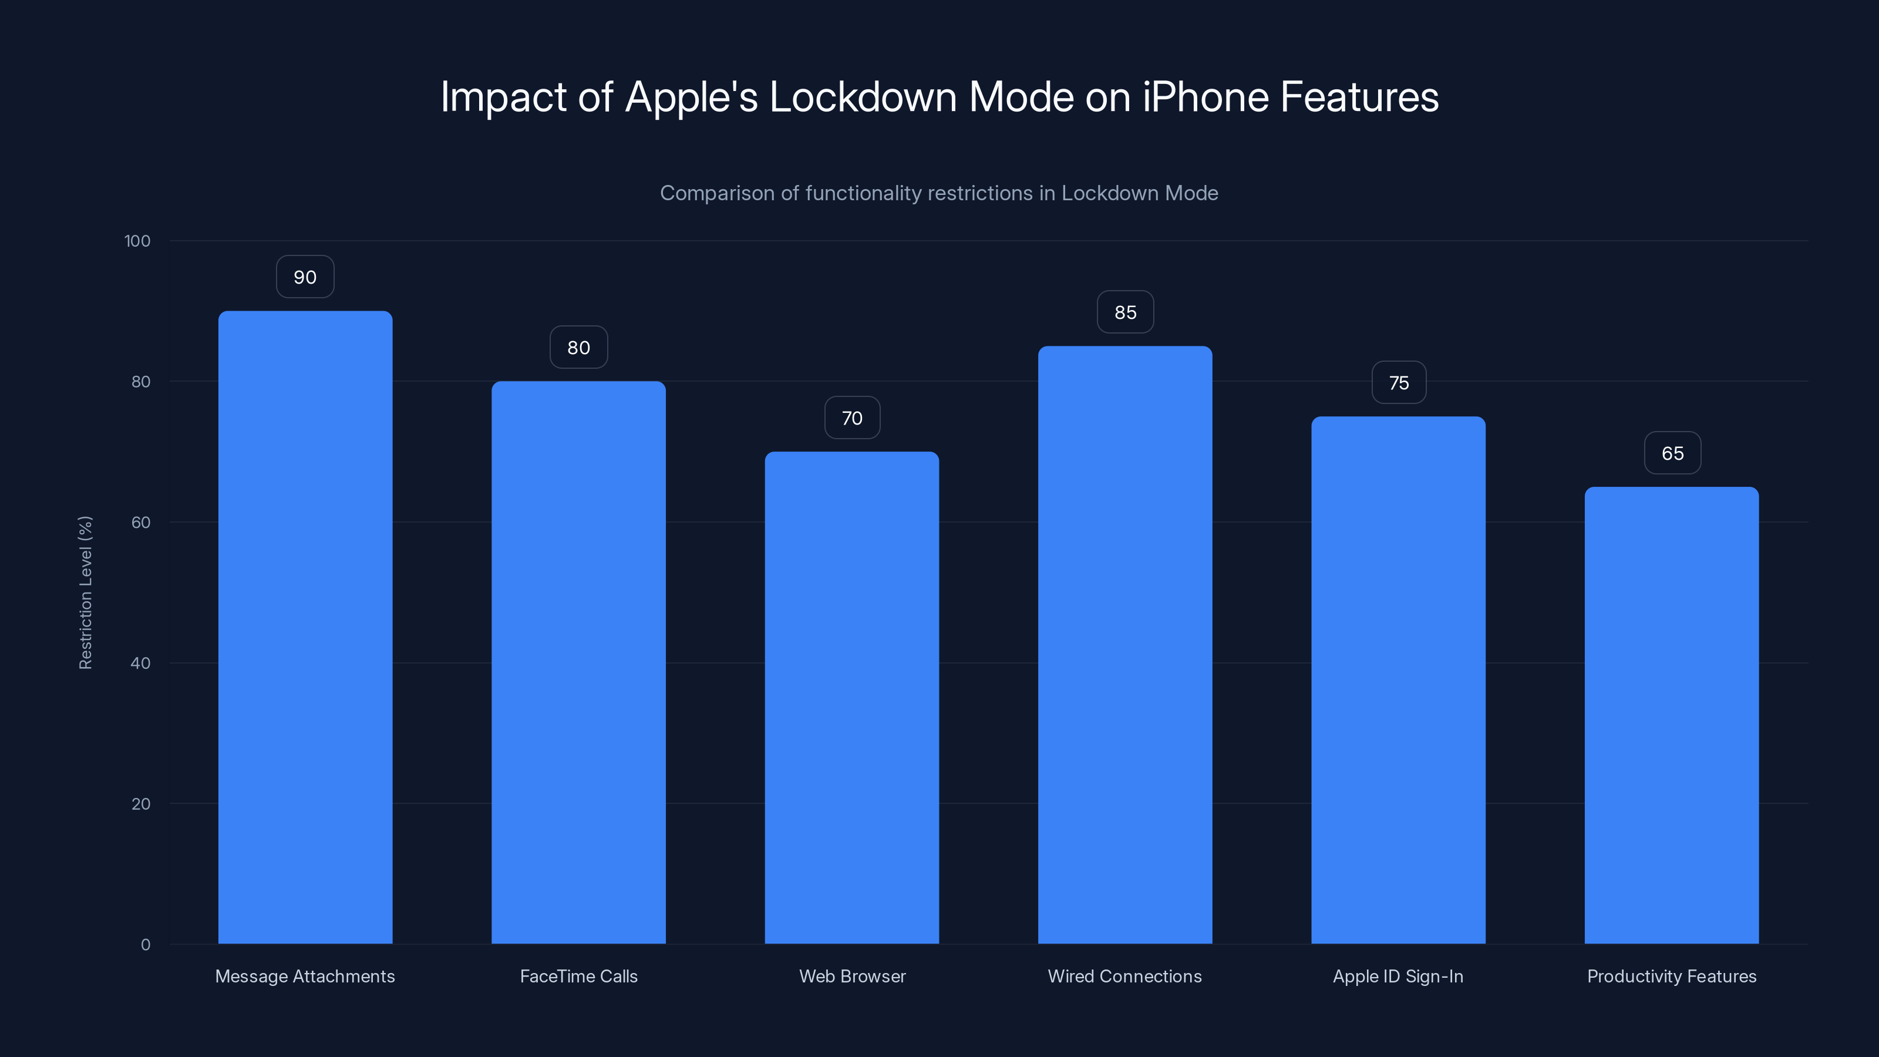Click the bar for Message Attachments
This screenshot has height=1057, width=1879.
[305, 627]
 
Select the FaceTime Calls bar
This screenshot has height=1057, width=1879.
[578, 662]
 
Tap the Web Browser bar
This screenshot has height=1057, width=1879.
[851, 698]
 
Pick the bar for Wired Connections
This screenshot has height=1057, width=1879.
[1125, 645]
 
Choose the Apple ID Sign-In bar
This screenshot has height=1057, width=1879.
[1398, 680]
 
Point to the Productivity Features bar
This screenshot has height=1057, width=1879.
[1671, 715]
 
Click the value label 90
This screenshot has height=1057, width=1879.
[305, 277]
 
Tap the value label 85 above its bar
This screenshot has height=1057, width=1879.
[1125, 312]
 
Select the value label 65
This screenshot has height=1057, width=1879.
[1672, 453]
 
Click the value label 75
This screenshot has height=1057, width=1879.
[1398, 383]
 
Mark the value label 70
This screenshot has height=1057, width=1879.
[851, 418]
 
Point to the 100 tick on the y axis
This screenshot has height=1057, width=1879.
[137, 241]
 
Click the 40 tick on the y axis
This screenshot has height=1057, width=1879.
[140, 663]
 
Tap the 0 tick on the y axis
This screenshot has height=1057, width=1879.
[145, 945]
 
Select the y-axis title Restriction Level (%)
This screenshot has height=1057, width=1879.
[85, 593]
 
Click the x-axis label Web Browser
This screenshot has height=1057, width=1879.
[851, 976]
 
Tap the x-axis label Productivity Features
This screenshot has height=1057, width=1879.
[1671, 976]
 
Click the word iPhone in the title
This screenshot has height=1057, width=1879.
[1205, 97]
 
